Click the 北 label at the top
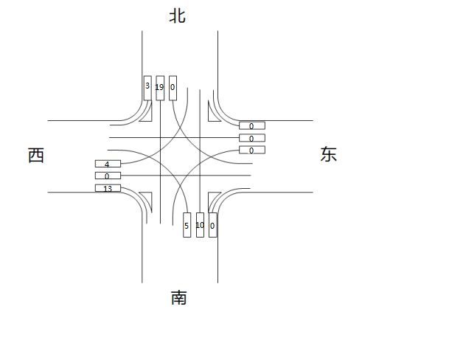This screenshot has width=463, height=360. (177, 16)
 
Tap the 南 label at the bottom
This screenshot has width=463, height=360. (179, 298)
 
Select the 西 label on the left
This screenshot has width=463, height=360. (36, 156)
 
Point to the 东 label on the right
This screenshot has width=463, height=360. (329, 154)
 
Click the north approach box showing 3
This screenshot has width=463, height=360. (147, 88)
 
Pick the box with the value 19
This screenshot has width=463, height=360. (160, 88)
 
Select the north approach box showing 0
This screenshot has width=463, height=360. (173, 88)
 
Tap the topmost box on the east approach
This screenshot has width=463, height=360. (251, 125)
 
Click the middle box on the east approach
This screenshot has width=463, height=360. (251, 138)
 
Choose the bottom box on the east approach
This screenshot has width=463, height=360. (251, 150)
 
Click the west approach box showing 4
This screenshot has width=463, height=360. (108, 164)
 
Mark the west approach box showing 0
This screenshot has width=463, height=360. (108, 176)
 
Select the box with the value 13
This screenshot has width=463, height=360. (108, 188)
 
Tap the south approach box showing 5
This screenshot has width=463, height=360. (187, 225)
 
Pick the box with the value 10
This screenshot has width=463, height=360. (200, 225)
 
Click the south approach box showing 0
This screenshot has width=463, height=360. (212, 225)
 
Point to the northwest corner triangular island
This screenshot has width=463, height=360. (147, 111)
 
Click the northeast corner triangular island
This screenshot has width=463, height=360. (215, 111)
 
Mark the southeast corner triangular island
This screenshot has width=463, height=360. (214, 200)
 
